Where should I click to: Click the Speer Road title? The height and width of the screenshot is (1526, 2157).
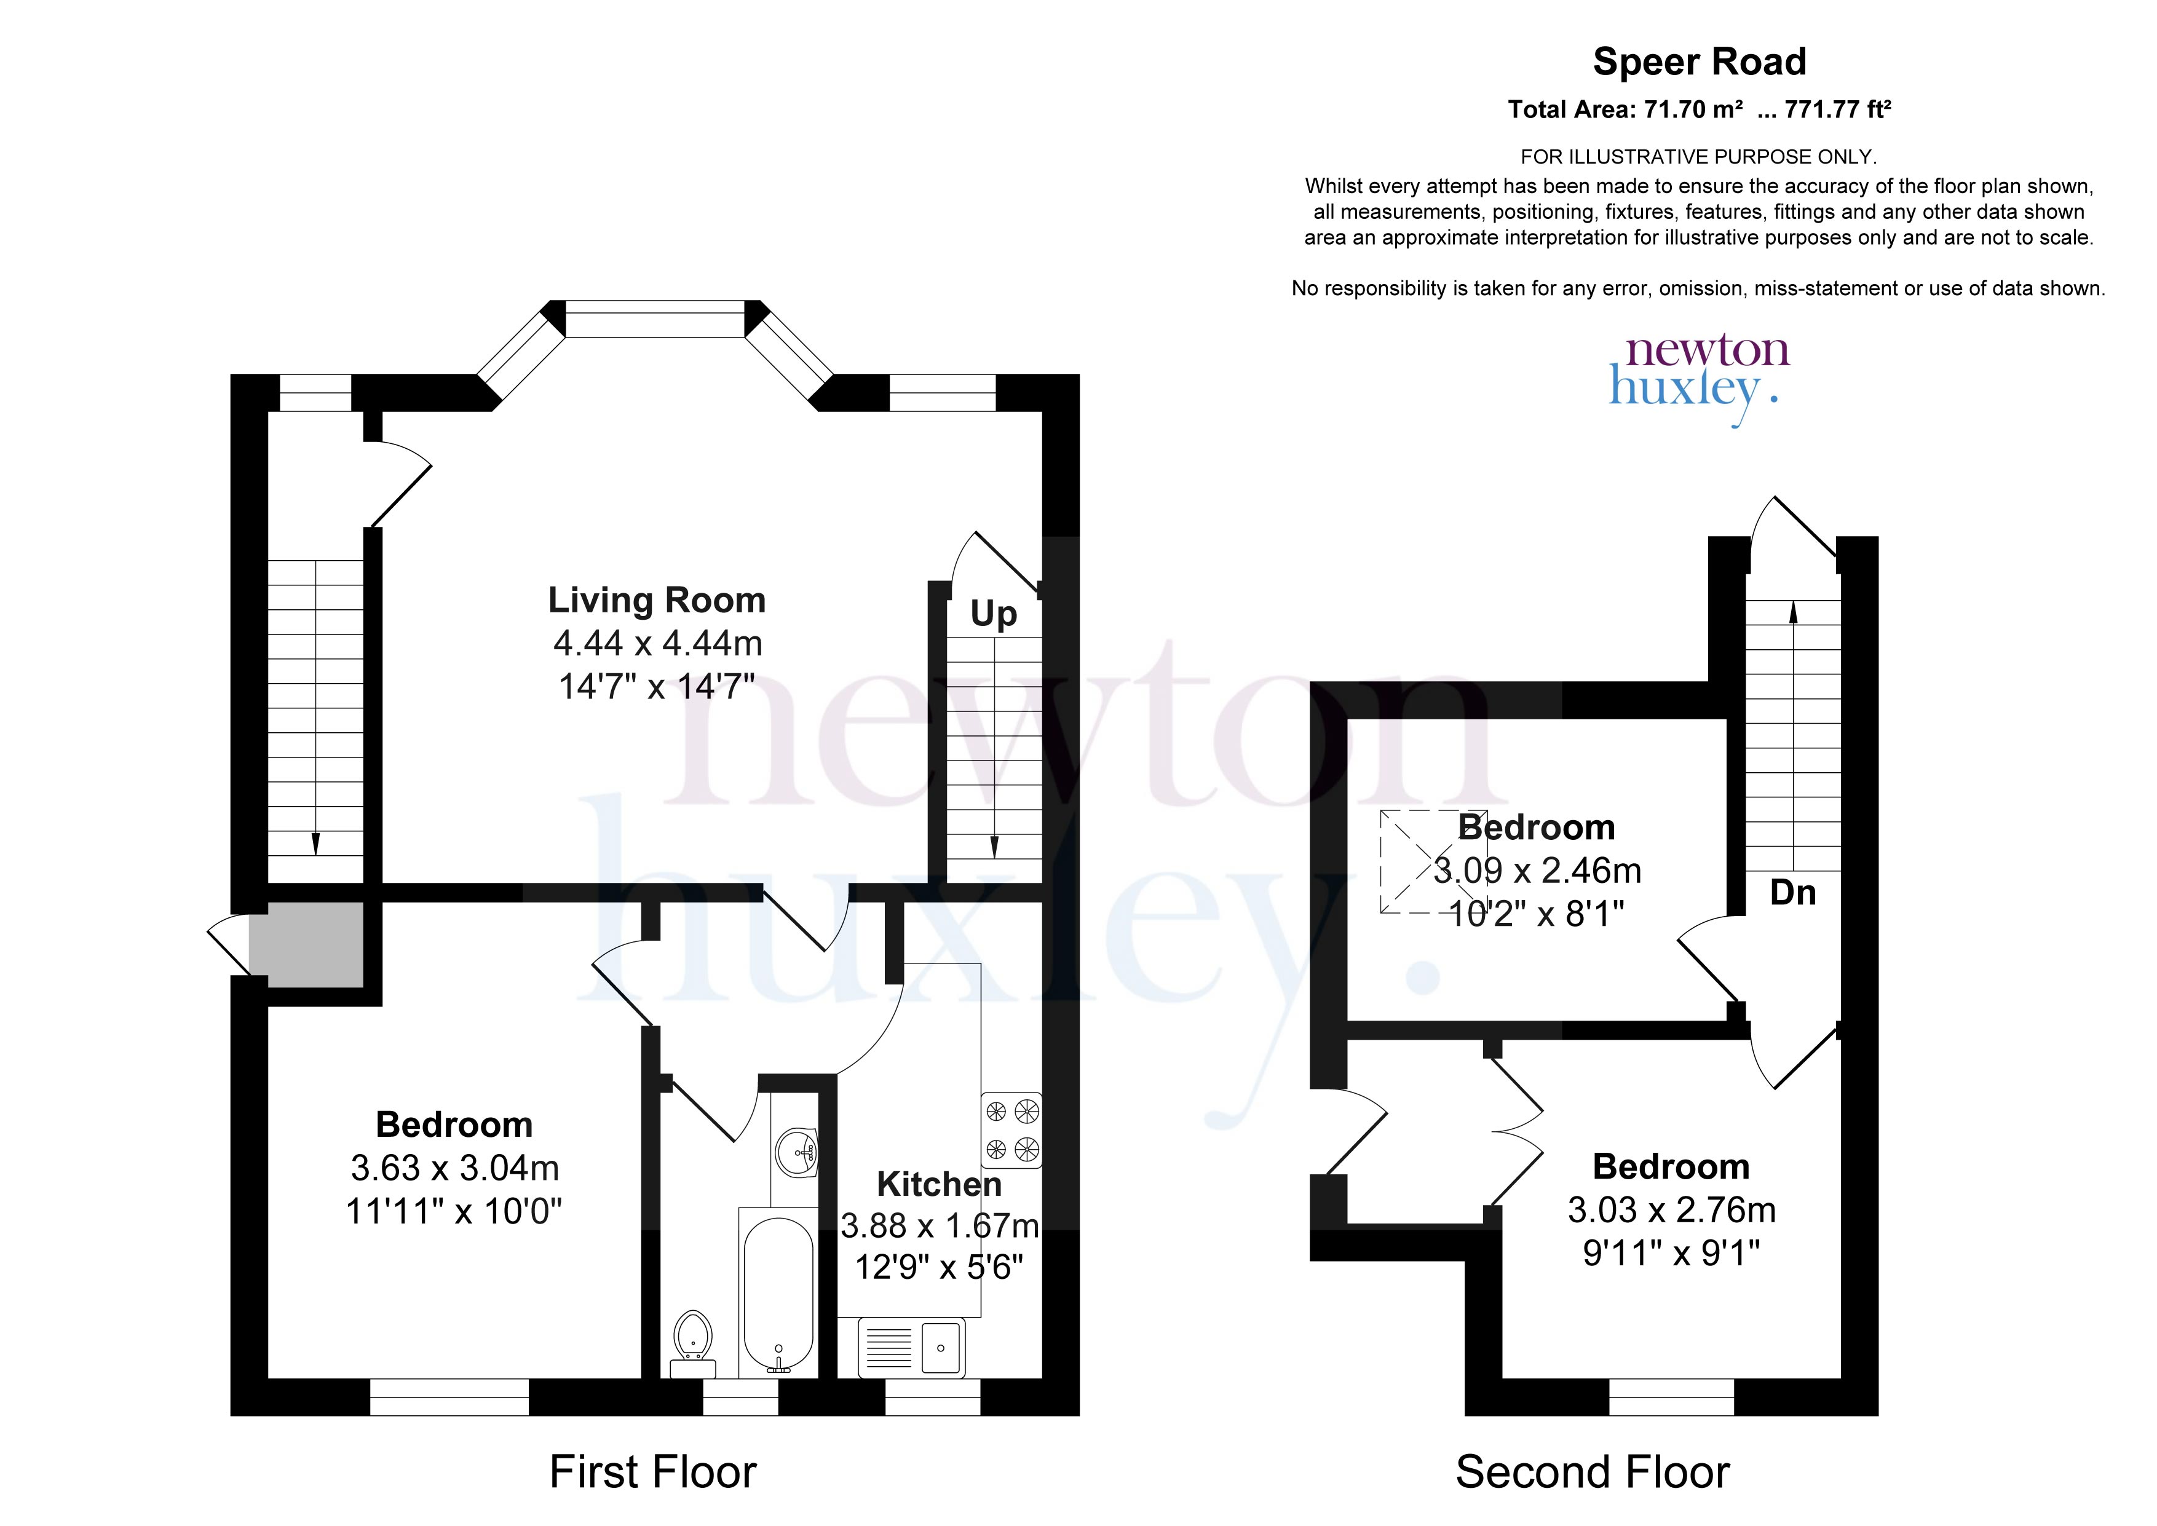1700,62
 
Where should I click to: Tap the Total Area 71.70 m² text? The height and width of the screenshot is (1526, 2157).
1625,110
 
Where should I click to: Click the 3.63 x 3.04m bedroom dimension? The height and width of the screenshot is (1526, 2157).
454,1168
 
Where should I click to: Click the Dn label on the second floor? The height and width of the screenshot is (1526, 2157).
1792,893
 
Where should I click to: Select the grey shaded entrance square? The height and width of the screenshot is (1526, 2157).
306,944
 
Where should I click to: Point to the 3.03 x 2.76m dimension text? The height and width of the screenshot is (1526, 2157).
1671,1210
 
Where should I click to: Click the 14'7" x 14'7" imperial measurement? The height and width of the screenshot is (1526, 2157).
657,686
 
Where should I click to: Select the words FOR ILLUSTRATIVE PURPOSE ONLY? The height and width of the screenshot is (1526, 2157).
1698,157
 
